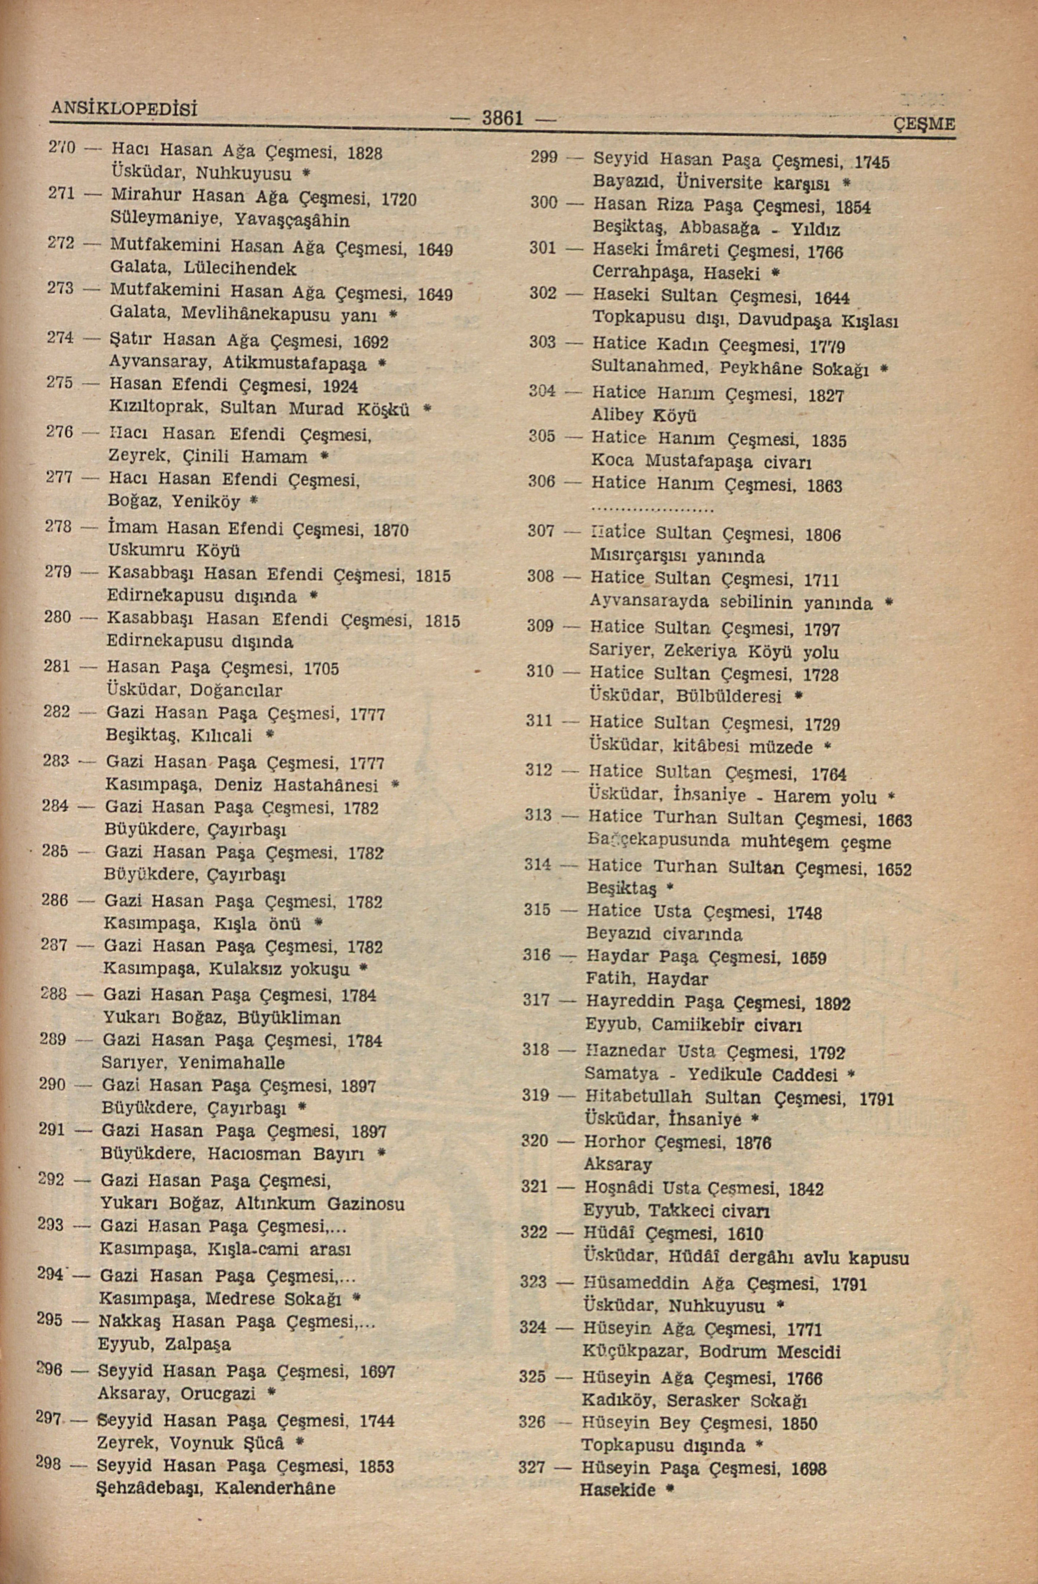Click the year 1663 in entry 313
point(894,820)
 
